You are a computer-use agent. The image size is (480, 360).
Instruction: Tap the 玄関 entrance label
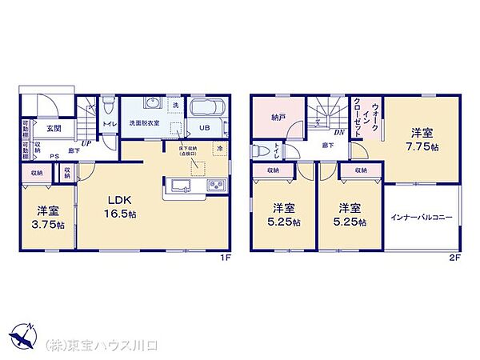pyautogui.click(x=54, y=128)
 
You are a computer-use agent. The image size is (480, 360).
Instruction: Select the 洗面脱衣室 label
pyautogui.click(x=145, y=123)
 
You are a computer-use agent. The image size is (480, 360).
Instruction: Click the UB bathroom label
pyautogui.click(x=204, y=127)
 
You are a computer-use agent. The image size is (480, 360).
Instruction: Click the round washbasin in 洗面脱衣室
pyautogui.click(x=150, y=103)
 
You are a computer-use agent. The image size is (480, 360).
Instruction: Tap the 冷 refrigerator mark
pyautogui.click(x=219, y=149)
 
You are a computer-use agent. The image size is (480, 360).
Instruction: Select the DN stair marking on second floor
pyautogui.click(x=339, y=132)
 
